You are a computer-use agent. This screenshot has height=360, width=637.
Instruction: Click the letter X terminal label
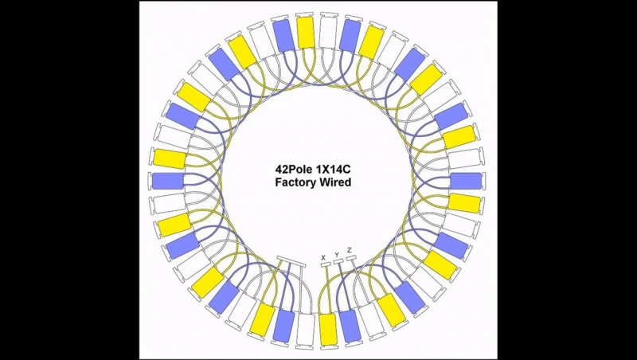tap(323, 257)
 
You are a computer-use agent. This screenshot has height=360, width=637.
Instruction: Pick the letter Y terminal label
tap(336, 255)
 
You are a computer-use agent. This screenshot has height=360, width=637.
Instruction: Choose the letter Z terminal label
tap(350, 250)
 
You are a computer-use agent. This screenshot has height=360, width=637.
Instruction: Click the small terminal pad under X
tap(326, 265)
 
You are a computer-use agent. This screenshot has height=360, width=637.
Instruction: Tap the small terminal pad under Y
tap(338, 261)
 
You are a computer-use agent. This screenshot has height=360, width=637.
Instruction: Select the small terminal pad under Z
tap(351, 257)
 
